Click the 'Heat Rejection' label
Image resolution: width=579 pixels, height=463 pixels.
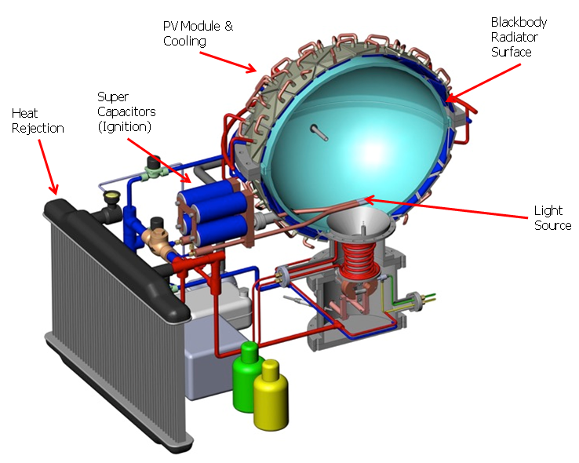click(38, 121)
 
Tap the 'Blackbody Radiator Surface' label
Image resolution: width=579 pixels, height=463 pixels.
click(519, 37)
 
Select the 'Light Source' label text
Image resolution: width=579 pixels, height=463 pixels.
click(552, 218)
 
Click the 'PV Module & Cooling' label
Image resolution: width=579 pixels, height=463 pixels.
click(198, 33)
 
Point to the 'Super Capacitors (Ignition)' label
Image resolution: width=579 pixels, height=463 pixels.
click(126, 111)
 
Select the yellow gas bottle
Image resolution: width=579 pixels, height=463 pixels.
click(271, 395)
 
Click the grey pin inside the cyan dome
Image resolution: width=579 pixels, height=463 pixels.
click(319, 132)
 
